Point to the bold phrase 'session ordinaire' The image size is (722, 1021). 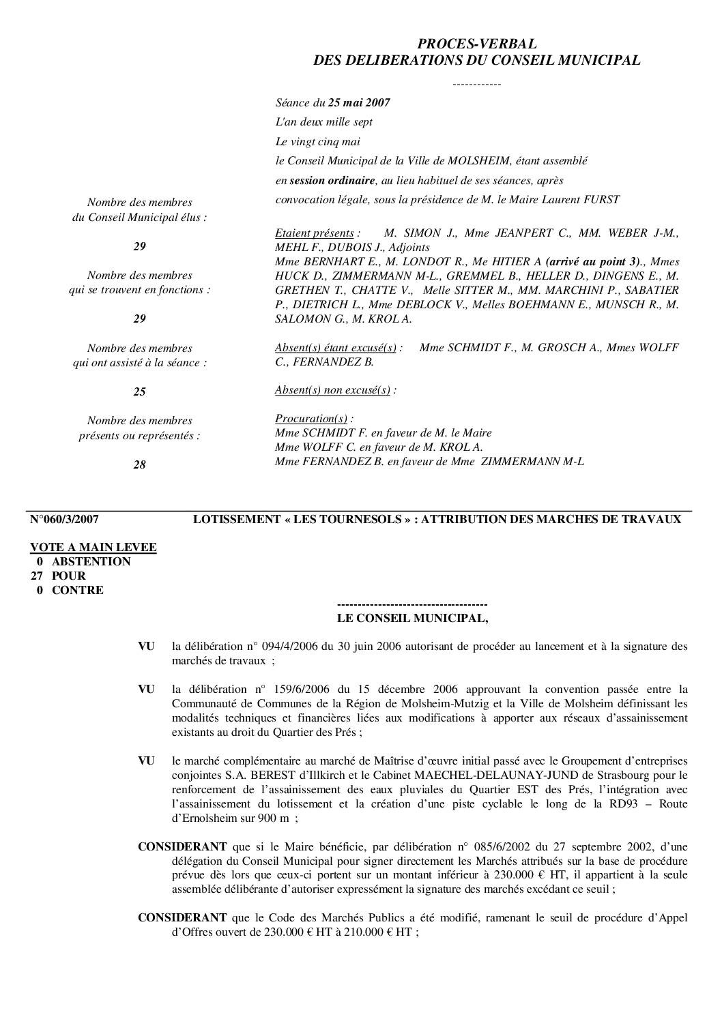point(332,181)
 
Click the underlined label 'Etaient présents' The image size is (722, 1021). point(315,233)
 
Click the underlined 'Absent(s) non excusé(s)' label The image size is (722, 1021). point(332,390)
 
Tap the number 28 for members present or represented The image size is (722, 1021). point(139,465)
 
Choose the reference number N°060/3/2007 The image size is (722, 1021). point(65,520)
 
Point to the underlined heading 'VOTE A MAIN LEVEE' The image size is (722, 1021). point(93,548)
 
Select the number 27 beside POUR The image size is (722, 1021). point(37,576)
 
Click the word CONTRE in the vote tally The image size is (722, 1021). point(78,591)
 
